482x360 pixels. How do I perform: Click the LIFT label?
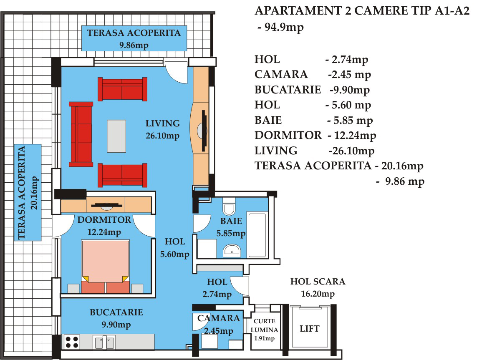[x=310, y=329]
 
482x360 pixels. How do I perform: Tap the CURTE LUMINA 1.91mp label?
[x=264, y=330]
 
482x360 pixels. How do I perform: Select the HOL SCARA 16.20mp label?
[x=318, y=287]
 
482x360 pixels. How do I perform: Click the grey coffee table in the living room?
[x=116, y=136]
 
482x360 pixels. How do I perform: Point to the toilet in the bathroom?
[x=229, y=206]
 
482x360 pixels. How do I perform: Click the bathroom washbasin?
[x=232, y=250]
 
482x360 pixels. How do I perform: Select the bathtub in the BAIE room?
[x=257, y=235]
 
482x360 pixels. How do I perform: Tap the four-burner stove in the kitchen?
[x=72, y=342]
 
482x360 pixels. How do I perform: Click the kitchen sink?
[x=104, y=342]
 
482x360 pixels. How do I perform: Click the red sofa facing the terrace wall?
[x=81, y=134]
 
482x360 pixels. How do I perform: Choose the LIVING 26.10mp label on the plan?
[x=163, y=129]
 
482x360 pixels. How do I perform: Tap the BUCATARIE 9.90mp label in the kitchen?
[x=116, y=318]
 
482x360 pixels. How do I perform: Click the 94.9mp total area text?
[x=281, y=27]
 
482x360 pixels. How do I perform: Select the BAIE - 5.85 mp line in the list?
[x=313, y=120]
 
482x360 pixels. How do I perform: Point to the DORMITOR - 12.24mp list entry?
[x=315, y=135]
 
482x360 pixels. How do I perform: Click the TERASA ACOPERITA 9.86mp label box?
[x=134, y=38]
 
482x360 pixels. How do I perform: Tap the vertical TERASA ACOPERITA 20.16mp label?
[x=28, y=192]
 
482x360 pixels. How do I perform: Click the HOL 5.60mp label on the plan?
[x=174, y=248]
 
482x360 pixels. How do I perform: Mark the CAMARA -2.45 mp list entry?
[x=313, y=74]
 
